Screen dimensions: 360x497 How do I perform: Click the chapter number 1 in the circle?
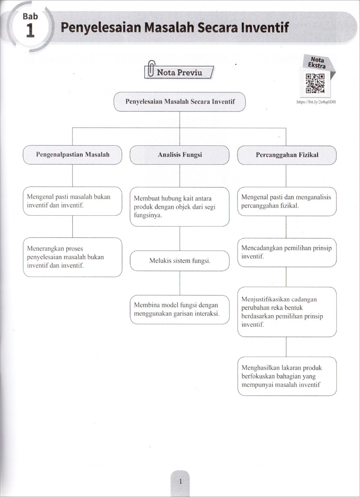30,31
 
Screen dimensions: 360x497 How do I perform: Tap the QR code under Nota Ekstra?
315,83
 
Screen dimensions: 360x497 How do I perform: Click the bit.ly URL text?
316,102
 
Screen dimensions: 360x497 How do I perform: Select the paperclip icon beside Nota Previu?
151,68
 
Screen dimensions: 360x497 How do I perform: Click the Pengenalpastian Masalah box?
72,155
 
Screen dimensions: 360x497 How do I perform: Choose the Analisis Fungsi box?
180,155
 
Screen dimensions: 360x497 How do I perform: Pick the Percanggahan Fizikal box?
287,155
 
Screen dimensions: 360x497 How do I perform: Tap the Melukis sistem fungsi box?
180,261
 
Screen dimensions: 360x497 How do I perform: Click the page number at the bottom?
180,481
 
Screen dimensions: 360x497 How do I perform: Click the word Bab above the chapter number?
30,16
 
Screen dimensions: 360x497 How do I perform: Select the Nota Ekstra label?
317,63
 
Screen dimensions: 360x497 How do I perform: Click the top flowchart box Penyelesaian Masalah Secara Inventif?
180,102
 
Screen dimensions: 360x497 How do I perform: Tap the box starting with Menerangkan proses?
72,257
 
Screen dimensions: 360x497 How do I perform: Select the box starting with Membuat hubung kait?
180,207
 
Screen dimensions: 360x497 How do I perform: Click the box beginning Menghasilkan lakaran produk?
287,376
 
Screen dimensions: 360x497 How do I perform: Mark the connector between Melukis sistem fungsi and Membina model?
180,283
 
